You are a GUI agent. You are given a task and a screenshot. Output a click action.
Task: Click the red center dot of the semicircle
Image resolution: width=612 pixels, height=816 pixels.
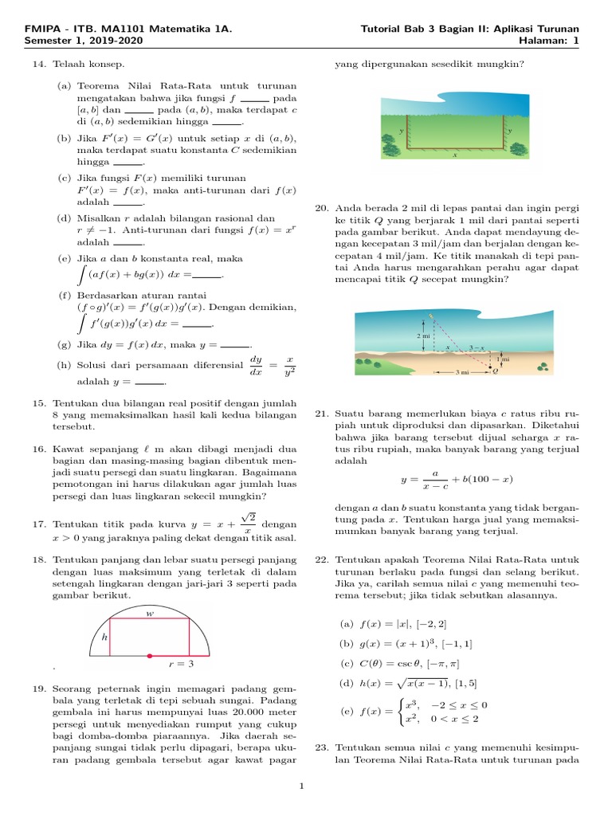(149, 656)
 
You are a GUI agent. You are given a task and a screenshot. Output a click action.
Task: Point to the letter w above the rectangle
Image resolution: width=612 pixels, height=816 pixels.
(149, 614)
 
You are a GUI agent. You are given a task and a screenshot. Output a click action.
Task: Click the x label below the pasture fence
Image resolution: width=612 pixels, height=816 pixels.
(455, 155)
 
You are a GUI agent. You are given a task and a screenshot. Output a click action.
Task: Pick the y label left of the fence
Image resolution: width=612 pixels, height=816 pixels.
(400, 129)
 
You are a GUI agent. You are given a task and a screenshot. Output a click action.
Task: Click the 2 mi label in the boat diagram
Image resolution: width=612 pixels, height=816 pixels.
(423, 336)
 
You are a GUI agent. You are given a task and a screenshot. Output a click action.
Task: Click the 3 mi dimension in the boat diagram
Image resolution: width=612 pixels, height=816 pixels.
(462, 372)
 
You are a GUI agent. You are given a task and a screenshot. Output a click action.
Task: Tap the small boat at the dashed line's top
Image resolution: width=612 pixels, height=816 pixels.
(431, 316)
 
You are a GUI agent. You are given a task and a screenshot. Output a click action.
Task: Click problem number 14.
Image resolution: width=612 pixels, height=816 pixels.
(39, 63)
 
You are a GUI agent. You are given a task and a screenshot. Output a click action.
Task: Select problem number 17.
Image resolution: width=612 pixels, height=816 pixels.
(39, 524)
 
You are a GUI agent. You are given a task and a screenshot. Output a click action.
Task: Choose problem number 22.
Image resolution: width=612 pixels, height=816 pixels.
(322, 560)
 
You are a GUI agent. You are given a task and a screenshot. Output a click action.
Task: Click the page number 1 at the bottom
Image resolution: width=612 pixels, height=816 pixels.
(302, 787)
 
